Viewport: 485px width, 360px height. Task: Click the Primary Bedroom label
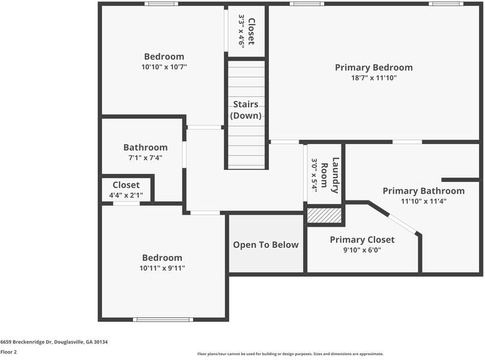click(373, 68)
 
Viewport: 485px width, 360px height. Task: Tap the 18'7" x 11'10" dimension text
click(373, 78)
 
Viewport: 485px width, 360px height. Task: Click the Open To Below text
click(265, 245)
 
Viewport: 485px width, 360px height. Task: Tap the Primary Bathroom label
click(423, 191)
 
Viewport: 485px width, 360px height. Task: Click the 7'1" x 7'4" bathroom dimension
click(145, 158)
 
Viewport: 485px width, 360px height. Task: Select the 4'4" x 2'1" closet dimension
click(126, 195)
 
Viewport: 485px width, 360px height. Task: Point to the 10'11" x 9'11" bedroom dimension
click(162, 268)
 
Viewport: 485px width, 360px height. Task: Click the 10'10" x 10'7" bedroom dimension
click(164, 67)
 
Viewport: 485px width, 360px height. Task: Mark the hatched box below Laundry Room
click(324, 215)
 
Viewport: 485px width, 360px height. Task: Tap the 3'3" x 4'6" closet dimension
click(242, 31)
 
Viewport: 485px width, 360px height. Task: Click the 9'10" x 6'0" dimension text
click(362, 250)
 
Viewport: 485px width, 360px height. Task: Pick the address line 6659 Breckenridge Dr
click(54, 342)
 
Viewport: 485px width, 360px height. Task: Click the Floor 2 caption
click(8, 352)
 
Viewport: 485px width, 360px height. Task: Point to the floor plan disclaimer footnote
click(290, 354)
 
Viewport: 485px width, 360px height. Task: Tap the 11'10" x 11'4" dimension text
click(423, 201)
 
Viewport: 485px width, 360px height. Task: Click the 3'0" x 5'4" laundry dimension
click(314, 175)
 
